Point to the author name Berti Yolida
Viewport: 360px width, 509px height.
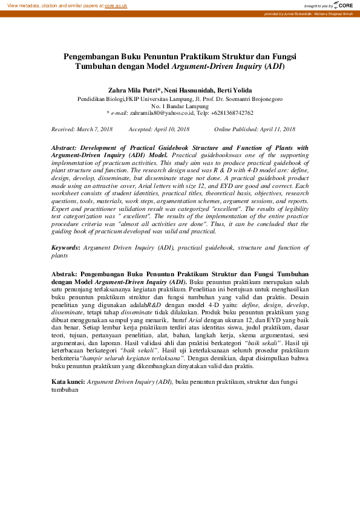[x=235, y=89]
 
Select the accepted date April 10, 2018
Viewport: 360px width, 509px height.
[x=172, y=129]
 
